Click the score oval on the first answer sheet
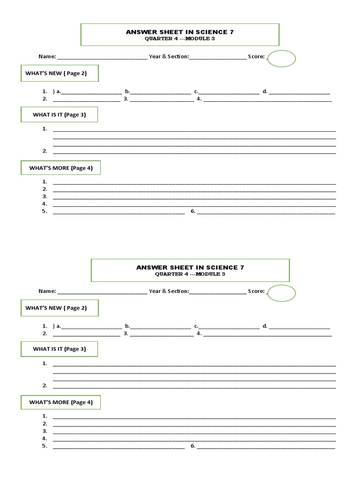pos(282,59)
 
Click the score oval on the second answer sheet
pos(282,293)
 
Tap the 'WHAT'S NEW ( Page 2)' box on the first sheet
pos(60,73)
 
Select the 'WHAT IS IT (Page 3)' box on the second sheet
pos(59,349)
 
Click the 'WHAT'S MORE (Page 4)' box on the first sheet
pos(60,168)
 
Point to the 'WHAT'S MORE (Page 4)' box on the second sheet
pos(60,402)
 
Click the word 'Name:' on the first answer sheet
pos(47,56)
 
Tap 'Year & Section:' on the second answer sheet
pos(169,291)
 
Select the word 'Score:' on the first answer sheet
pos(256,56)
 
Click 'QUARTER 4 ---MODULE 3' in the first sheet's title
pos(180,39)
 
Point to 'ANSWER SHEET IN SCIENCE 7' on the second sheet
pos(190,268)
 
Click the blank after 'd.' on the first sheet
pos(300,92)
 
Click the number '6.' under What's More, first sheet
pos(193,211)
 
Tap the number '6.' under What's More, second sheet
pos(193,446)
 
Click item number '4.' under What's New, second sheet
pos(199,333)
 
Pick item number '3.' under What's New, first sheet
pos(126,99)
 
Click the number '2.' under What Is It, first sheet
pos(45,151)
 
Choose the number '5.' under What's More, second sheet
pos(45,446)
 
